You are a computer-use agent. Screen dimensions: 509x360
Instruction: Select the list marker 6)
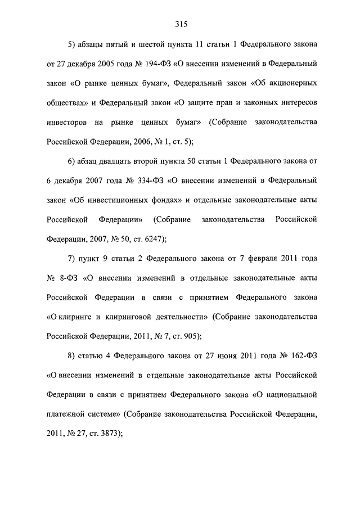point(71,160)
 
